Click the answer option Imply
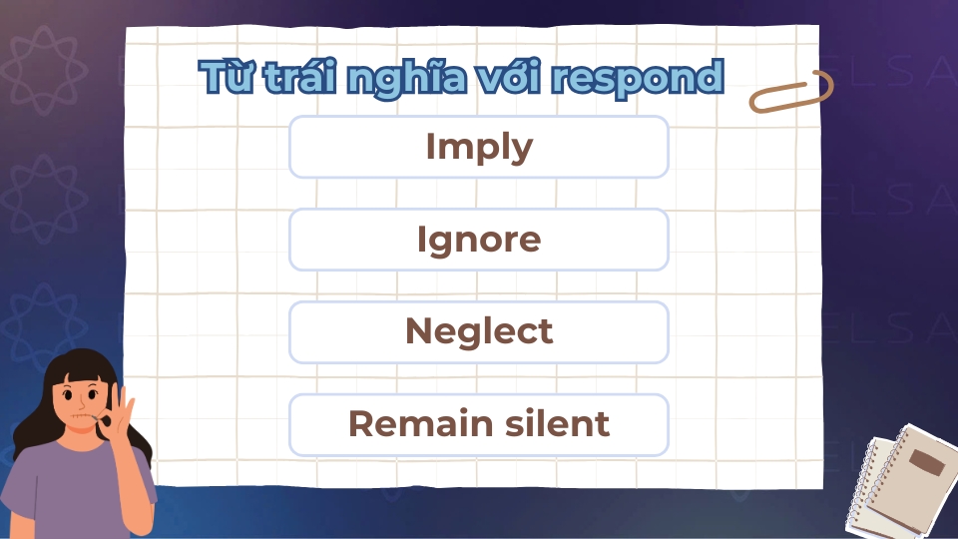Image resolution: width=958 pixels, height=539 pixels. (x=479, y=147)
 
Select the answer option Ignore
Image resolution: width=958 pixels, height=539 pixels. (x=479, y=240)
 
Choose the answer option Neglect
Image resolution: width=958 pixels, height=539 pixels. (x=479, y=331)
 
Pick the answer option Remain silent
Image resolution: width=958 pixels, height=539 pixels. (x=479, y=425)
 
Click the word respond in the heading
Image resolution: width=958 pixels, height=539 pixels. (x=638, y=79)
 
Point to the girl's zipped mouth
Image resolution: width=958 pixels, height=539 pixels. (x=83, y=416)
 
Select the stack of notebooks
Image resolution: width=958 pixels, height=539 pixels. (x=902, y=481)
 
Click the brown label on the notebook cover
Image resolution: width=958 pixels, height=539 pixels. (x=927, y=462)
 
